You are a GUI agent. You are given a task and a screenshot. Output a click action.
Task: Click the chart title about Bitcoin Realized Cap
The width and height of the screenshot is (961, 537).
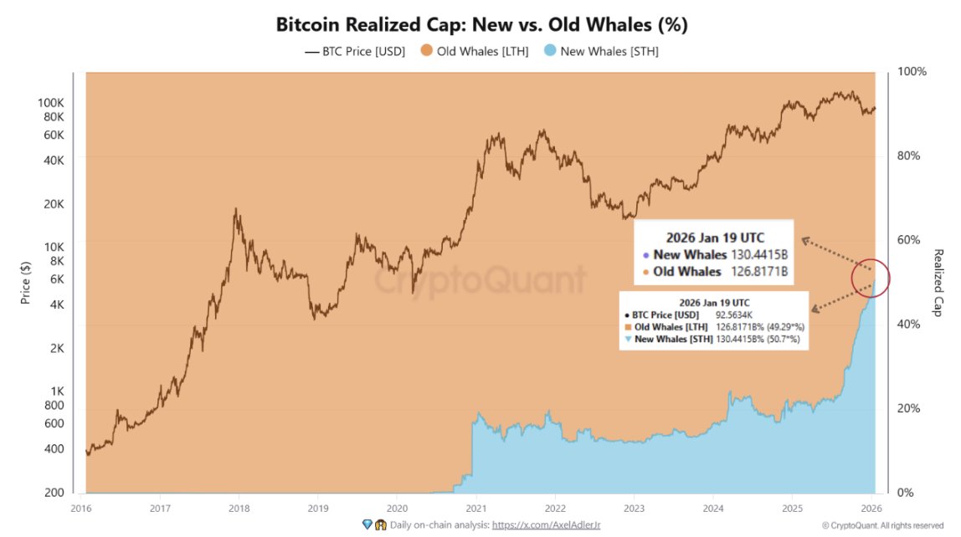pos(481,25)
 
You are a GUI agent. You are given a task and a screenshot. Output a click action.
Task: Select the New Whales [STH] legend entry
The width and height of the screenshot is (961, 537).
pos(607,52)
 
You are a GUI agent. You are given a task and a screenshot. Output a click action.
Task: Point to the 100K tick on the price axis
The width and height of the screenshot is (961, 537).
pos(52,102)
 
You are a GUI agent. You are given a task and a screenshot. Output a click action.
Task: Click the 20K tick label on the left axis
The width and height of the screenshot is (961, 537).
pos(54,204)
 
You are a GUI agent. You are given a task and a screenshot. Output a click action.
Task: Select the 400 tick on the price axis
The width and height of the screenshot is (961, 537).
pos(54,449)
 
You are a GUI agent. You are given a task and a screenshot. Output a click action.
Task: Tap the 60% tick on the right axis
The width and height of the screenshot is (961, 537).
pos(908,240)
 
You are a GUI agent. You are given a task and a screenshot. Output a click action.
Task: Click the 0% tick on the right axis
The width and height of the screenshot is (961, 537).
pos(905,493)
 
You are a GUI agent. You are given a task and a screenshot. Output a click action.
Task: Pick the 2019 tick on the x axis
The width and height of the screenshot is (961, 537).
pos(317,508)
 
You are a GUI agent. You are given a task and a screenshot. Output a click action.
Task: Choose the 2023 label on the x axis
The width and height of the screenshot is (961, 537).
pos(634,508)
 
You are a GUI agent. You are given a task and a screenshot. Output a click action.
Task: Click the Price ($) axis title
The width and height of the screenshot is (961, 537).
pos(26,282)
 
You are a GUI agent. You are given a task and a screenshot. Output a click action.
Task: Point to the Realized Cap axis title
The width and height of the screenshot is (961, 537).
pos(938,282)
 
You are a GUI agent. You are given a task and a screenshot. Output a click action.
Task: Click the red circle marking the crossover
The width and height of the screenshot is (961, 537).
pos(871,279)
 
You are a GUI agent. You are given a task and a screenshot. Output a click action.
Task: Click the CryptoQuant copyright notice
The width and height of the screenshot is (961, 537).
pos(882,525)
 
